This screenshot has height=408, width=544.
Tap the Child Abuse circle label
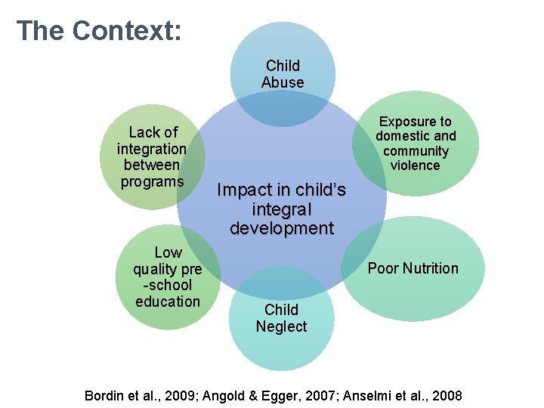283,74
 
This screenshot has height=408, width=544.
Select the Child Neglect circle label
281,318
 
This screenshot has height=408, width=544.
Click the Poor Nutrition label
413,268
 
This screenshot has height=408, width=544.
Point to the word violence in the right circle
416,165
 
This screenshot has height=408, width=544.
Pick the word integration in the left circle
151,148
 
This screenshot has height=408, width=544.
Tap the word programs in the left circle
152,181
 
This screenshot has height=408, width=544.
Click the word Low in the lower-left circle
168,252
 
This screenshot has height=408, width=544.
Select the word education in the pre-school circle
168,301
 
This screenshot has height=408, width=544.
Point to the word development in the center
282,228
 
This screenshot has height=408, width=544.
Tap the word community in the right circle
416,151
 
